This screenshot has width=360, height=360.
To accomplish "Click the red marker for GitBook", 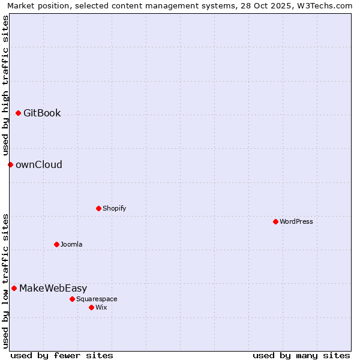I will (x=18, y=113).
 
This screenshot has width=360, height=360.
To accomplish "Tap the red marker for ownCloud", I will (x=10, y=164).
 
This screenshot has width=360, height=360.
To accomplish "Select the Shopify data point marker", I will (x=98, y=208).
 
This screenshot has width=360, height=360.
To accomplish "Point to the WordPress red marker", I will (x=275, y=221).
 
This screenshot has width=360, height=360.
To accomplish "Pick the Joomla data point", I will (x=56, y=244).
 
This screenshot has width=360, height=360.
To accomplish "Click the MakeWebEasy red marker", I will (x=14, y=288).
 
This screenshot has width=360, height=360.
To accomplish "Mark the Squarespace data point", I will (x=72, y=299).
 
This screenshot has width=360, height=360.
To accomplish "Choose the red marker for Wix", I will (x=91, y=307).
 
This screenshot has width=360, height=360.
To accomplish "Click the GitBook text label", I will (x=42, y=113).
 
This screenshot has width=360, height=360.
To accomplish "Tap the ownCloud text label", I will (x=39, y=164).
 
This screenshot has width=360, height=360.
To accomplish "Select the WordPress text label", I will (x=296, y=221).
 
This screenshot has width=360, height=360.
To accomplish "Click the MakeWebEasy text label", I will (x=53, y=288).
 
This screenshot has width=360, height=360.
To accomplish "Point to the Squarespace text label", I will (x=97, y=299).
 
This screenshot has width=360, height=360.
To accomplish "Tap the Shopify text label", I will (x=114, y=208).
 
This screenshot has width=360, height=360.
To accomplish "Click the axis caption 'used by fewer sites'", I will (x=62, y=355).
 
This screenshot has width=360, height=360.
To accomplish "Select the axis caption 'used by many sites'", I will (x=301, y=355).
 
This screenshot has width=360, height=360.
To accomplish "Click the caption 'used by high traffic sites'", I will (x=5, y=85).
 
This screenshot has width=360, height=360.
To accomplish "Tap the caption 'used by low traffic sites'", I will (x=5, y=280).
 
